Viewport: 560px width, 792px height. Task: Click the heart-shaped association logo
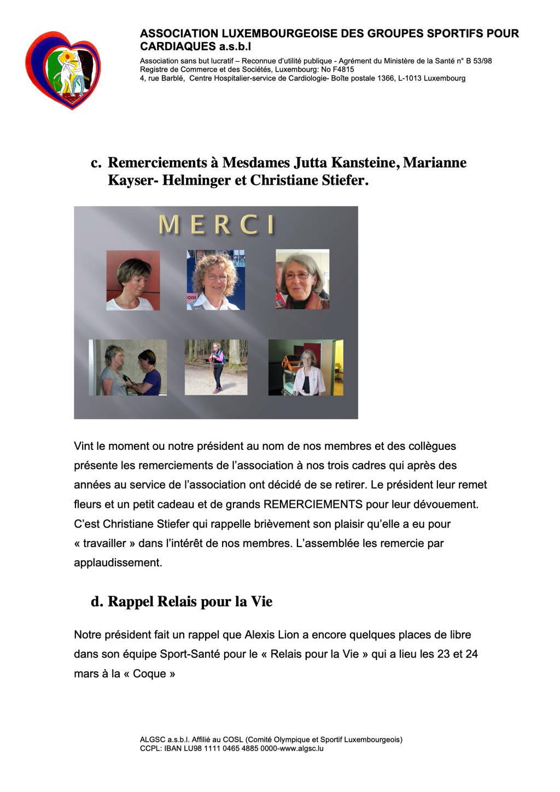pos(63,70)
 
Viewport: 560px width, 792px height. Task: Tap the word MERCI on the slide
pos(216,225)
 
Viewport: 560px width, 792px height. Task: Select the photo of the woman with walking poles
pos(216,367)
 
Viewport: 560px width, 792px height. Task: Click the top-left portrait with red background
pos(133,280)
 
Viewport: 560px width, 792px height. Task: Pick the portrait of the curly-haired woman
pos(215,280)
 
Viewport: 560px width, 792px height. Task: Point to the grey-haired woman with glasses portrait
pos(302,279)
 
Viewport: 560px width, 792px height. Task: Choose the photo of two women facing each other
pos(128,367)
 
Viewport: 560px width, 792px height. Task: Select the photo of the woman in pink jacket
pos(306,367)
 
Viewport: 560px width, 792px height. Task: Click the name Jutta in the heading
pos(314,163)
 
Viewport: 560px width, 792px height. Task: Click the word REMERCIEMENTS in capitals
pos(313,504)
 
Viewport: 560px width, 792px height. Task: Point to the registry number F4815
pos(343,69)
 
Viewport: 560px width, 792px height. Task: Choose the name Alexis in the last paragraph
pos(260,635)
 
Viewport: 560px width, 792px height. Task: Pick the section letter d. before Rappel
pos(97,602)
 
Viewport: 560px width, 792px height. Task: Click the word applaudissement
pos(118,562)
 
